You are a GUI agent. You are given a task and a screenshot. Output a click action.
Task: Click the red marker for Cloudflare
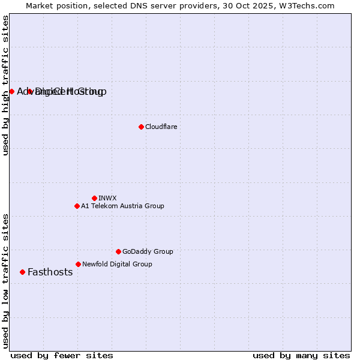click(141, 127)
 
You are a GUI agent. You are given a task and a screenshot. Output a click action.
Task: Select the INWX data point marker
click(94, 198)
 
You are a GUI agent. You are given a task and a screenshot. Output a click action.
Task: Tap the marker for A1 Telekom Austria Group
click(77, 206)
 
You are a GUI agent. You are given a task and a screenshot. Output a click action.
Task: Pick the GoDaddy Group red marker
click(118, 251)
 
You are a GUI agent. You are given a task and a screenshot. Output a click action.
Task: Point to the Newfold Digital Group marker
click(78, 264)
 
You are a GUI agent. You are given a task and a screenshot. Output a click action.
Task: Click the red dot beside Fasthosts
click(22, 272)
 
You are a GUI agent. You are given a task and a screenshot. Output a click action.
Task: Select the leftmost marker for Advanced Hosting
click(11, 91)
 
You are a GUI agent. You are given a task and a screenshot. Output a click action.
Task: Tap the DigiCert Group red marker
click(29, 91)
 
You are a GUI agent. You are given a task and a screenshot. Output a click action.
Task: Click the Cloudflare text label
click(161, 127)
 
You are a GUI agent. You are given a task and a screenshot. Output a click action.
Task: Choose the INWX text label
click(107, 198)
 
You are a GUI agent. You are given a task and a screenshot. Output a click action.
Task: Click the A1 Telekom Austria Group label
click(122, 206)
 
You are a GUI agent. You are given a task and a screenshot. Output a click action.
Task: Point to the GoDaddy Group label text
click(148, 251)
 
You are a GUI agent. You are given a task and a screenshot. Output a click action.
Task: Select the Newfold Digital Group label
click(117, 264)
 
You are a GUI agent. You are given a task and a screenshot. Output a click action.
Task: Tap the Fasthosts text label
click(50, 272)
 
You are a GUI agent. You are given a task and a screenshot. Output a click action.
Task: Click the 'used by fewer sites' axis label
click(62, 355)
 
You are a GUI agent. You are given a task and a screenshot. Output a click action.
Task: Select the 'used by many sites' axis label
click(301, 355)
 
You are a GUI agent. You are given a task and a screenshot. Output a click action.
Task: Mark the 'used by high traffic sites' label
click(5, 86)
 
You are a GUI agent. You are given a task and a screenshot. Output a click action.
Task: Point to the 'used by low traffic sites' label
click(5, 280)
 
